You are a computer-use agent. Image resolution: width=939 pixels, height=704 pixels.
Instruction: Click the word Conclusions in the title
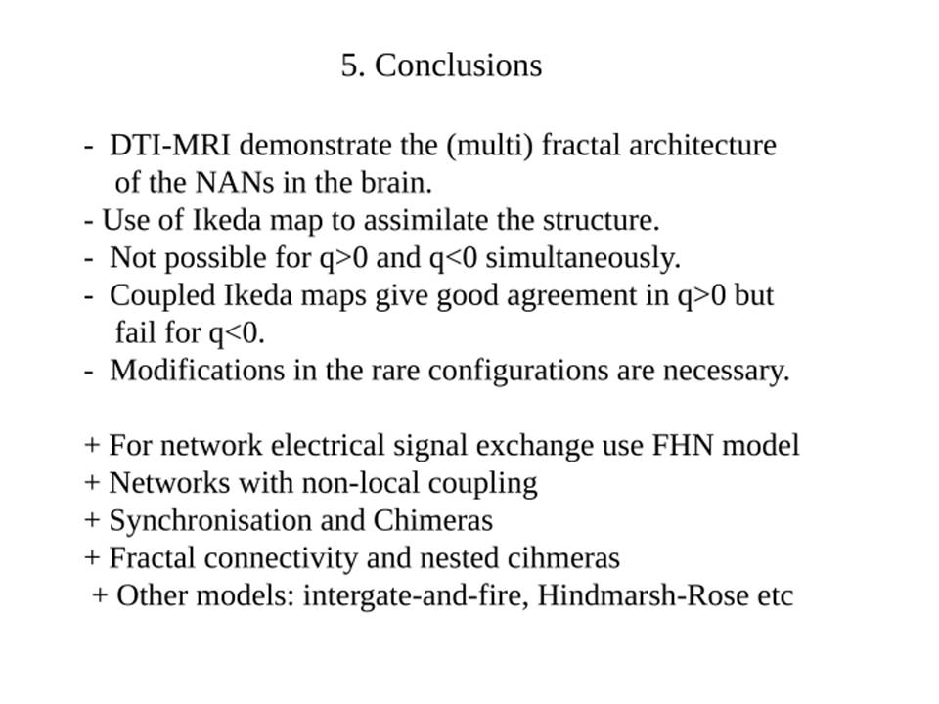click(x=458, y=66)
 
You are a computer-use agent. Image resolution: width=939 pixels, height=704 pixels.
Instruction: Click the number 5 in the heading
click(x=350, y=66)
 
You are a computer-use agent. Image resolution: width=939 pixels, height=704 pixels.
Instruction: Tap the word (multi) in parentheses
click(x=489, y=146)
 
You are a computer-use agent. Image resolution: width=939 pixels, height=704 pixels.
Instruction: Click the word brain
click(x=396, y=183)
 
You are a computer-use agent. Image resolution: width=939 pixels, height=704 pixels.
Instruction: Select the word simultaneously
click(x=583, y=258)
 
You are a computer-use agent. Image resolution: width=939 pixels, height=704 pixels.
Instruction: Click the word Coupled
click(x=162, y=296)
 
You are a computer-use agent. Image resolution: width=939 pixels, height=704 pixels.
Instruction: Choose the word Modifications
click(x=197, y=371)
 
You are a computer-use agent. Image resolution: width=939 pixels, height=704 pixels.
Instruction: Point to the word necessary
click(x=727, y=372)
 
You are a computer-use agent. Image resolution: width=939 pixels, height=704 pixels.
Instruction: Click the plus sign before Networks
click(x=92, y=483)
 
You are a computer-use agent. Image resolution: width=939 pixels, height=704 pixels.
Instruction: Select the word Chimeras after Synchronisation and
click(x=433, y=521)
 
